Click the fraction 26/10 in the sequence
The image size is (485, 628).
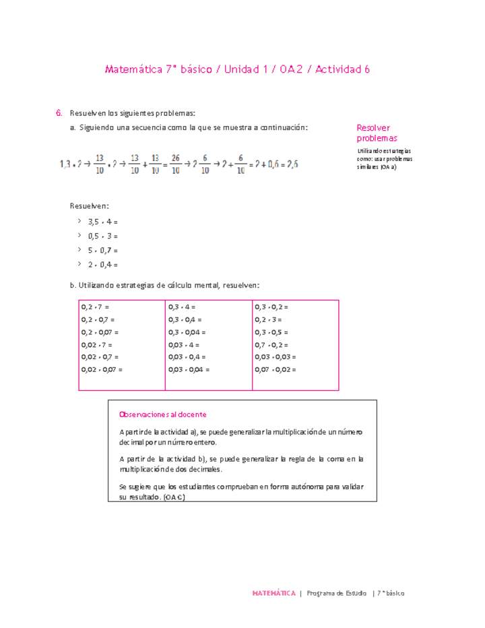point(175,164)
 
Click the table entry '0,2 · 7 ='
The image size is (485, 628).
point(95,307)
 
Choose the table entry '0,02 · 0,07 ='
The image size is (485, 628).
point(102,369)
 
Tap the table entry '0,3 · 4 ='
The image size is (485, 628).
point(182,307)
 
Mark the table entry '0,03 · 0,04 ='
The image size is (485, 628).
point(189,369)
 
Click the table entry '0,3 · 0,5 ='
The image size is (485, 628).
point(271,332)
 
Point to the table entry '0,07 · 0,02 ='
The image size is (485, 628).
point(276,369)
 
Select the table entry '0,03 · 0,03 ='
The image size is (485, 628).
point(276,357)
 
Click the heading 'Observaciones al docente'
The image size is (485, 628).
point(162,414)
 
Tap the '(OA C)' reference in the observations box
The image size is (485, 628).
point(174,497)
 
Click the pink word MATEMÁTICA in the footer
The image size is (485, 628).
point(273,593)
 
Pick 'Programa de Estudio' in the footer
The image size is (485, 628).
point(336,593)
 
